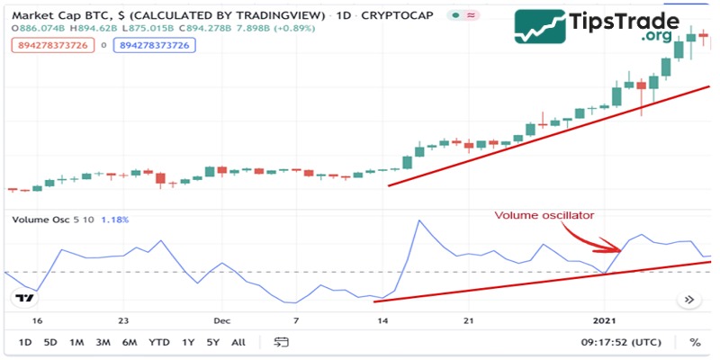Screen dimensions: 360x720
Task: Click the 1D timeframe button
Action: click(x=25, y=342)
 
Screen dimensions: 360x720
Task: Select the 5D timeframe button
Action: click(x=51, y=342)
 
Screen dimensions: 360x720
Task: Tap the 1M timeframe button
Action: click(x=77, y=342)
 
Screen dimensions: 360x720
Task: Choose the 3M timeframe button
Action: click(x=103, y=342)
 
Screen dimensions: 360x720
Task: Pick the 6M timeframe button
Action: click(x=130, y=342)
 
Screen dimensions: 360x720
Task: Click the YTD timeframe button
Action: click(x=159, y=342)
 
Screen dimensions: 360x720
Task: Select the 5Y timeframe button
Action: click(x=212, y=342)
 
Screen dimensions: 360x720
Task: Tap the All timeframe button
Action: click(x=238, y=342)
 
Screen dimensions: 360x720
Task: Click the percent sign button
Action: click(x=695, y=342)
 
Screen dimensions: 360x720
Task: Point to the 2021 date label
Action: click(x=606, y=319)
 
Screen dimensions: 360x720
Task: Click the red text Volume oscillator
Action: click(x=544, y=215)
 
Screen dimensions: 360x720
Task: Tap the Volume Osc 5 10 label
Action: click(x=51, y=220)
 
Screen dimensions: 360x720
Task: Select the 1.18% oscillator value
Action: click(x=115, y=220)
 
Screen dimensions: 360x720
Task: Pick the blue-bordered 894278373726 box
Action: click(x=154, y=45)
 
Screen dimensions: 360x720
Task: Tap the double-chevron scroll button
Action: click(x=690, y=300)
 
